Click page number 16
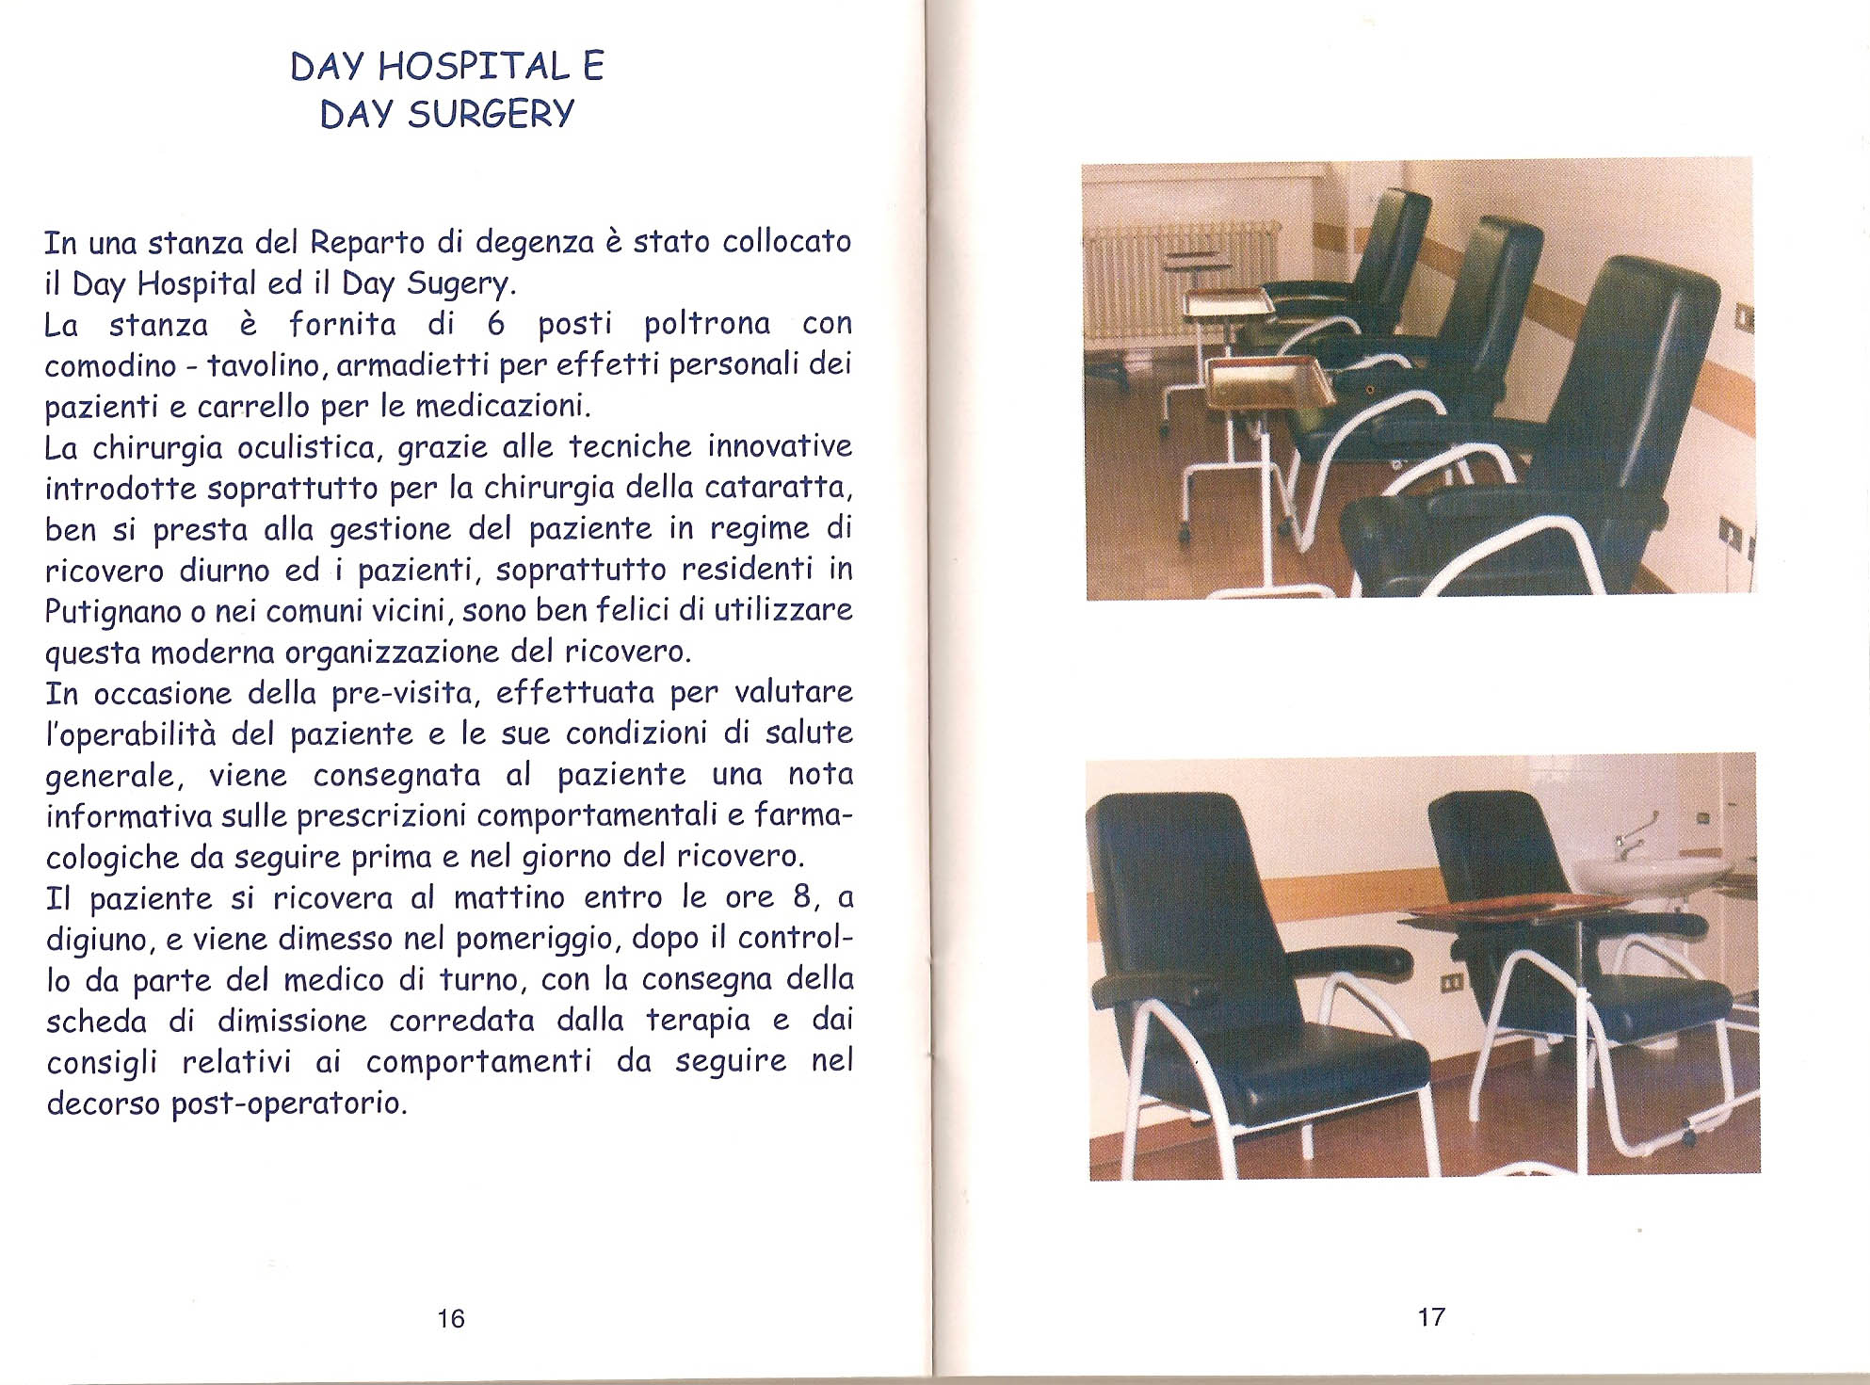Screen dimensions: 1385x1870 click(451, 1318)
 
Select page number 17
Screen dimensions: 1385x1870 click(1431, 1317)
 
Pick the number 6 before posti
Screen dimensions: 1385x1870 click(496, 325)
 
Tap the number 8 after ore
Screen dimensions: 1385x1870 click(802, 896)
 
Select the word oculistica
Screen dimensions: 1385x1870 click(308, 448)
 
